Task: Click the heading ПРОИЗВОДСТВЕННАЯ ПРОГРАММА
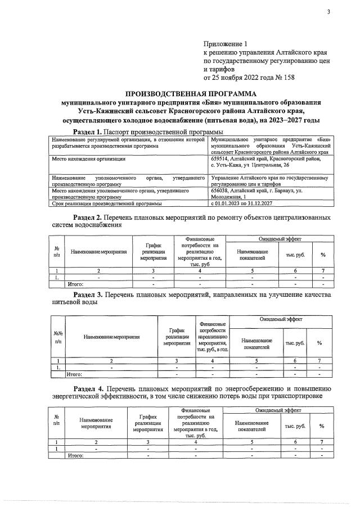tap(191, 94)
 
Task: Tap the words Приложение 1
tap(225, 43)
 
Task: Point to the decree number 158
tap(288, 77)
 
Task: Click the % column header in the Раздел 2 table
tap(323, 255)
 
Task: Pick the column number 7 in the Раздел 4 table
tap(322, 442)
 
